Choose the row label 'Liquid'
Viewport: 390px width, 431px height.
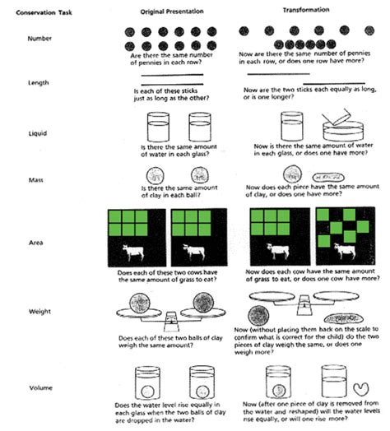point(37,125)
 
